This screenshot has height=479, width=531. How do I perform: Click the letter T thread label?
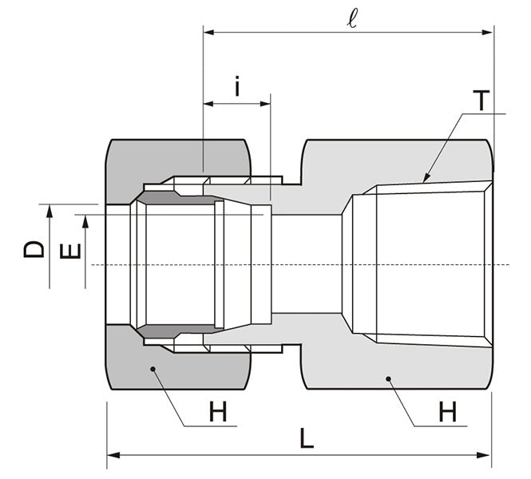tap(480, 101)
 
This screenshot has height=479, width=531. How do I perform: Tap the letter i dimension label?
tap(237, 86)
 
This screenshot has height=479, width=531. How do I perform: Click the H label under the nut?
tap(217, 413)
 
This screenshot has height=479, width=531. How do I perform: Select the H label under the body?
tap(447, 413)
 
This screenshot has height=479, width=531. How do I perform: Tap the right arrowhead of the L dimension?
tap(488, 455)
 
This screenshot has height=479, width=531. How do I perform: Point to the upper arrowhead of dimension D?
tap(50, 209)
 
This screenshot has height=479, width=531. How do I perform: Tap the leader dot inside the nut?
tap(152, 369)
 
